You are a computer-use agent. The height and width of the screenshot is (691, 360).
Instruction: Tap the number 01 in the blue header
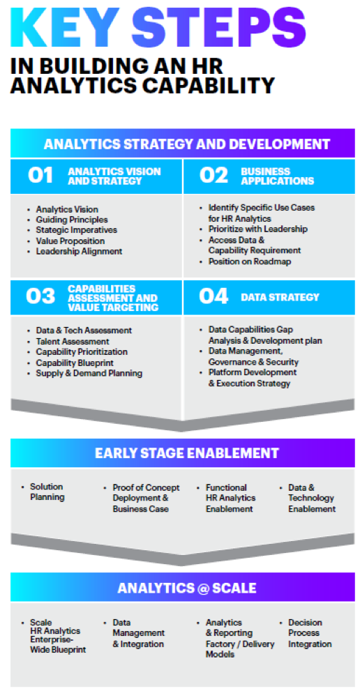[40, 176]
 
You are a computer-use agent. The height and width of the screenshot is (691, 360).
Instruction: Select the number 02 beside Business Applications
[213, 176]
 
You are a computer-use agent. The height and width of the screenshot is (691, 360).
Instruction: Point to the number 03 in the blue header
[40, 296]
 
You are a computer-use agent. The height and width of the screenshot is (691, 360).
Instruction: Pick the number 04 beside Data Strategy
[213, 296]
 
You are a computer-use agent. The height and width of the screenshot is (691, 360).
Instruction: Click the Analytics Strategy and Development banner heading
[186, 144]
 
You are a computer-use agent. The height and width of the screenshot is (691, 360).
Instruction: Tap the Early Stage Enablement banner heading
[186, 453]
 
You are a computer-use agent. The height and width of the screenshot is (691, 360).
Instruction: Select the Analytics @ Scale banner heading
[186, 587]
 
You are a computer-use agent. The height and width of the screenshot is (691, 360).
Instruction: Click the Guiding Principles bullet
[72, 220]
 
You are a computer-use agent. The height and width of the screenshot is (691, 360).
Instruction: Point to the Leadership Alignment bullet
[79, 251]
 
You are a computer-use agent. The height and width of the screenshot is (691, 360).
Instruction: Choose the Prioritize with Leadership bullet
[258, 229]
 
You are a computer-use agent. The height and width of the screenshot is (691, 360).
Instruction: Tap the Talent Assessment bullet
[73, 342]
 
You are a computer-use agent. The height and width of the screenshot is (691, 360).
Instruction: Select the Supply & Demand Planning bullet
[89, 373]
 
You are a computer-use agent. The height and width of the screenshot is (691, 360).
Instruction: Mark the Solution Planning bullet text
[47, 492]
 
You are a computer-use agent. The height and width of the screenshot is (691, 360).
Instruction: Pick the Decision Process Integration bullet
[310, 633]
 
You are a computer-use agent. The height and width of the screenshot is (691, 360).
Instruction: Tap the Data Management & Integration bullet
[138, 633]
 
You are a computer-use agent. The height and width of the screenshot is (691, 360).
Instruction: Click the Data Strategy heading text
[280, 297]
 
